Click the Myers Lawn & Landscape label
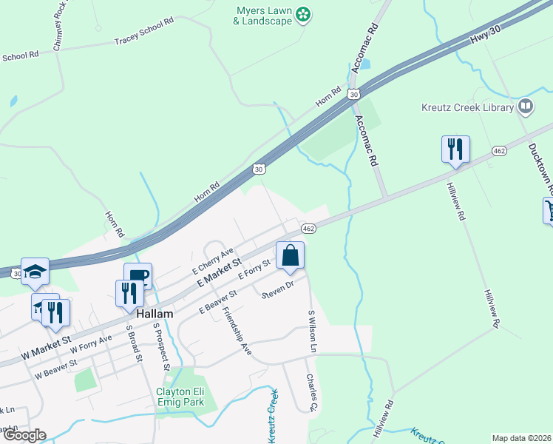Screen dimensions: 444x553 [x=263, y=16]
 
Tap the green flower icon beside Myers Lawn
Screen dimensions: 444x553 [x=303, y=14]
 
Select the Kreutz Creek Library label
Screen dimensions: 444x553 [x=467, y=108]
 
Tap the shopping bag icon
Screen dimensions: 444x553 [x=291, y=256]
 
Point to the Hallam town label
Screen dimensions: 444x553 [x=154, y=314]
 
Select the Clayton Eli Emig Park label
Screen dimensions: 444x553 [x=179, y=397]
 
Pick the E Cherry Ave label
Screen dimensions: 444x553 [x=213, y=260]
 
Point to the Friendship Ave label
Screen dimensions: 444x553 [x=238, y=330]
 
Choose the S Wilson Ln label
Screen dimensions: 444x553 [x=313, y=331]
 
